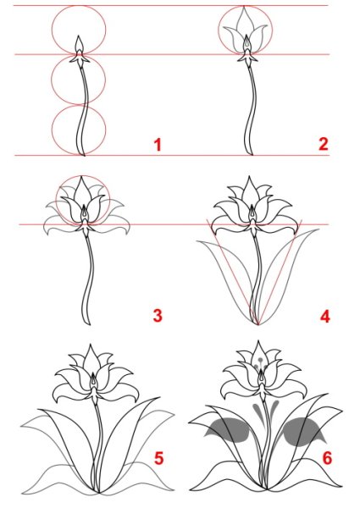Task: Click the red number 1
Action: click(157, 145)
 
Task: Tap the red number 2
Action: click(323, 144)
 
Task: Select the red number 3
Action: click(157, 316)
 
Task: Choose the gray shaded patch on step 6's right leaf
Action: click(301, 432)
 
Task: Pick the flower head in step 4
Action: click(253, 207)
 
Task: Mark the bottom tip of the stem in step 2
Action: click(249, 155)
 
